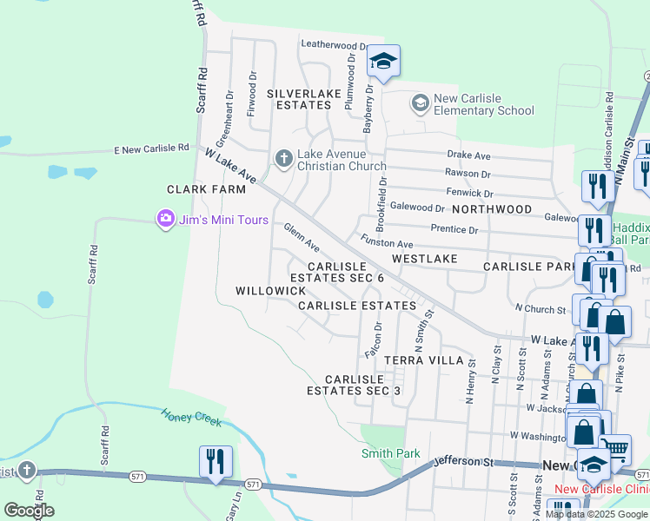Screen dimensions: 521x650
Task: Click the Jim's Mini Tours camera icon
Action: [x=165, y=219]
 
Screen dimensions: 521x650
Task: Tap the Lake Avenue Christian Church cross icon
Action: [x=283, y=159]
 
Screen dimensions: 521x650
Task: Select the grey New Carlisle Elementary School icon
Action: [x=421, y=104]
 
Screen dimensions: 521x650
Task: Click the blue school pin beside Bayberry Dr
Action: [x=383, y=62]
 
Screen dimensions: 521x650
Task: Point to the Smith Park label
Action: [x=391, y=453]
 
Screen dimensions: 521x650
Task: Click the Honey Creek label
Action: [x=190, y=417]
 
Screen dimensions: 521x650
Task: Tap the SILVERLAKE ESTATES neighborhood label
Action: [x=299, y=98]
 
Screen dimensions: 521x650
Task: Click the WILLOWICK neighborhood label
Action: [x=271, y=290]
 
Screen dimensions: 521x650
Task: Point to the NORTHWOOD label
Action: [x=491, y=209]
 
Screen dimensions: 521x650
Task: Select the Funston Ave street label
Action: [x=386, y=245]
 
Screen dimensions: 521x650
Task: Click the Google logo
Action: [x=29, y=510]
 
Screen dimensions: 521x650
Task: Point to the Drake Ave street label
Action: [x=469, y=155]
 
